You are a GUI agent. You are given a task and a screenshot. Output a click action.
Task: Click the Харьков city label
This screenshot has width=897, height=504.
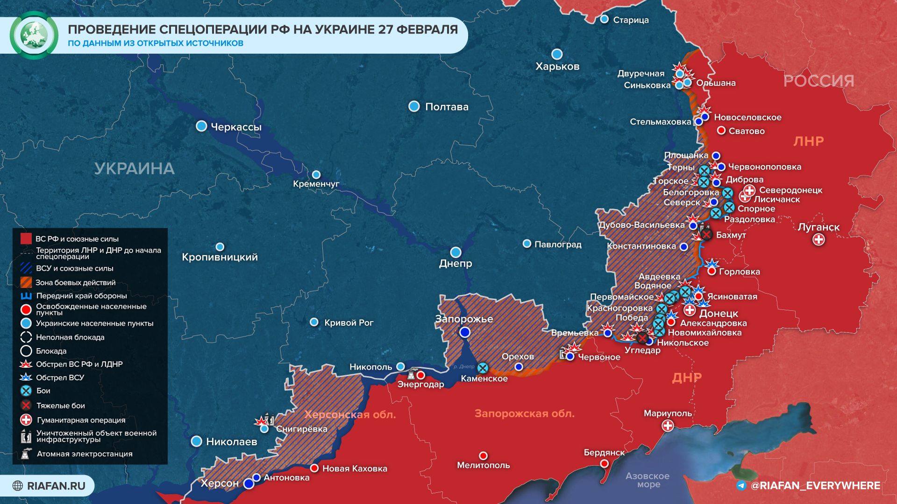pos(557,66)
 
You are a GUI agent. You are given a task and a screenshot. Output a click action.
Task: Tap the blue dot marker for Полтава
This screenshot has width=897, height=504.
pos(414,106)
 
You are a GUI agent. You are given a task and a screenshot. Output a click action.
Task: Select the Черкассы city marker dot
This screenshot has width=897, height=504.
pos(201,126)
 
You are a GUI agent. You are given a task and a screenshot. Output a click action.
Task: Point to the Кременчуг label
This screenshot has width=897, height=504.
pos(316,184)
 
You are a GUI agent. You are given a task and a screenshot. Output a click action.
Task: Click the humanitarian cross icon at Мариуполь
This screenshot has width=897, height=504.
pos(668,426)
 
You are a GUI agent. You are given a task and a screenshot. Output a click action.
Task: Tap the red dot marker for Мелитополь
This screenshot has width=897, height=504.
pos(484,455)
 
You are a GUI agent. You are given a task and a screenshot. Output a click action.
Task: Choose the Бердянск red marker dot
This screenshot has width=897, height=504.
pos(604,463)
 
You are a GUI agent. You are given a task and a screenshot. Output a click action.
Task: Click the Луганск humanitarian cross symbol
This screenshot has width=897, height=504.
pos(819,240)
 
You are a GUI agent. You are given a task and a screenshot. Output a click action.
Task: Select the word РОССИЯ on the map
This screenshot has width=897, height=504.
pos(819,81)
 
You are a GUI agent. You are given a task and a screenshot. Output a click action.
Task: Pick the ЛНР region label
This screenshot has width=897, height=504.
pos(808,141)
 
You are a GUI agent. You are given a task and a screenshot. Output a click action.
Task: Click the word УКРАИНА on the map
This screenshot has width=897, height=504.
pos(135,168)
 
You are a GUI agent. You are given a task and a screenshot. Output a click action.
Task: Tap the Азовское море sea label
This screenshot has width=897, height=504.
pos(648,480)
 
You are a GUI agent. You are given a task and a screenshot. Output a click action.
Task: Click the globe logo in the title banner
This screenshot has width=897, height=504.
pos(34,35)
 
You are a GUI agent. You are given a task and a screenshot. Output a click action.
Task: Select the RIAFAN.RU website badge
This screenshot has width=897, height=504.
pos(49,486)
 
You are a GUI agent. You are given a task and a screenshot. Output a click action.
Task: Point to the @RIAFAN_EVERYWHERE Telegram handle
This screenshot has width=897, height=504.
pos(815,486)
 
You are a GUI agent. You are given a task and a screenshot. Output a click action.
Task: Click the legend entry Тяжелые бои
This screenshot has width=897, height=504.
pos(61,406)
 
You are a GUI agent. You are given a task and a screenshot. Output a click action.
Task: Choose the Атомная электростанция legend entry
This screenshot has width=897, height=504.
pos(85,454)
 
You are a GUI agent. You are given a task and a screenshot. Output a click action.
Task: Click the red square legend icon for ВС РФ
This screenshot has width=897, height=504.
pos(26,239)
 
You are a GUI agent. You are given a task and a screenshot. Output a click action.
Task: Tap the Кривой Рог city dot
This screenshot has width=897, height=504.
pos(314,322)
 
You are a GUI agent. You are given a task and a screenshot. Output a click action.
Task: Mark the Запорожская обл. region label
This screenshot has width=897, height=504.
pos(524,413)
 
